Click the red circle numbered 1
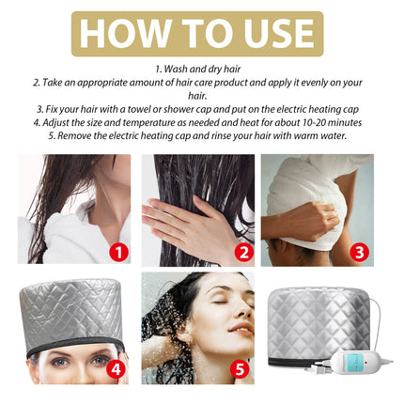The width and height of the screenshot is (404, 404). click(117, 252)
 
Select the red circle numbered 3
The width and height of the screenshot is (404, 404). click(360, 252)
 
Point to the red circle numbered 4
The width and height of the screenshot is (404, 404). click(117, 368)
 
